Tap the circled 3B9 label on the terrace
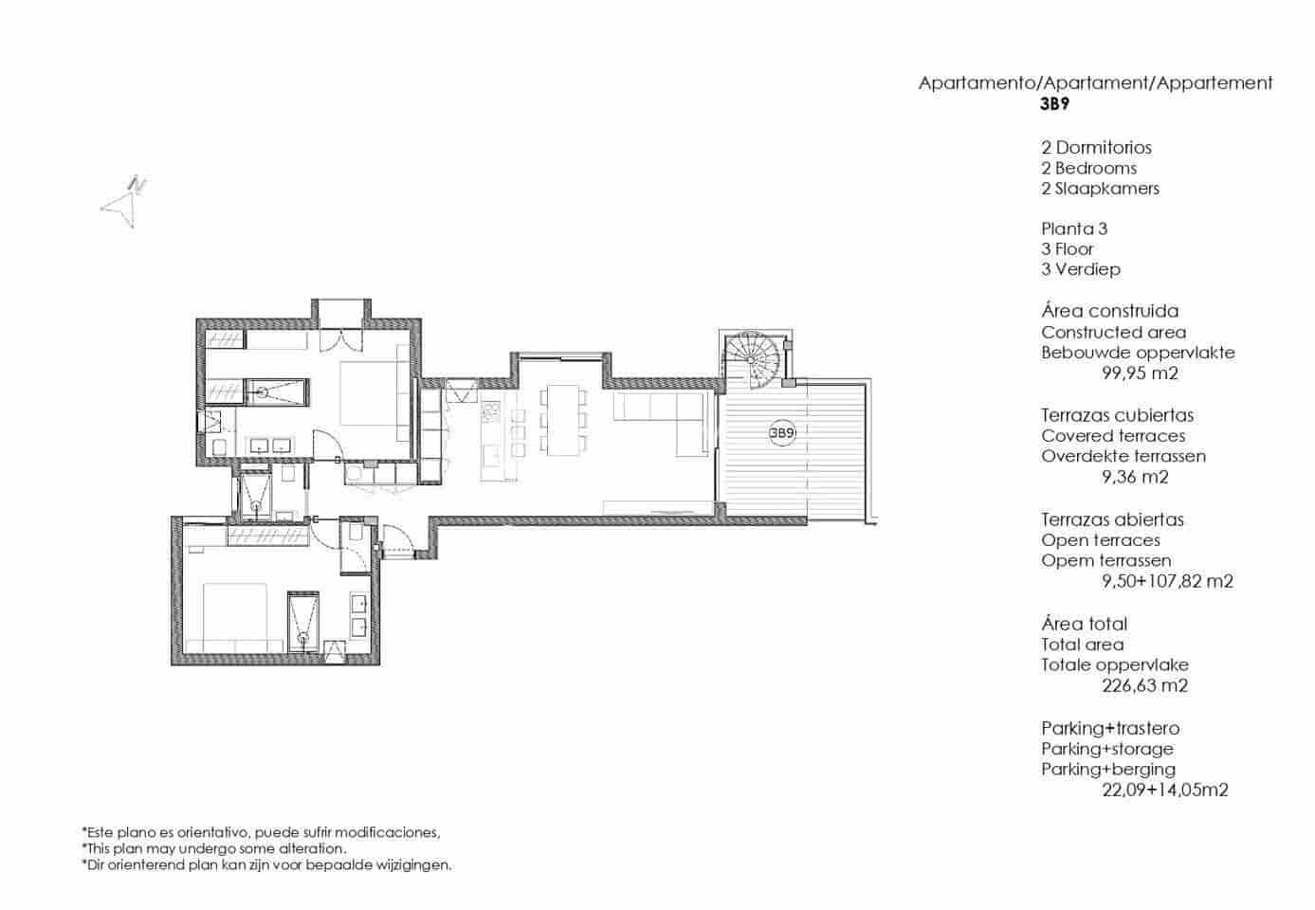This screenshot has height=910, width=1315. (781, 433)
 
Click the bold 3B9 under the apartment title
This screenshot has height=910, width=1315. (1056, 105)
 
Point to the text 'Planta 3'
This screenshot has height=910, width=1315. (1074, 228)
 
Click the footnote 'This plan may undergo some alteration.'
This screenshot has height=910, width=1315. (213, 849)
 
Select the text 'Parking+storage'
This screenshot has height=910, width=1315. (1106, 749)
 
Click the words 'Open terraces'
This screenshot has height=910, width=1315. (1100, 540)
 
